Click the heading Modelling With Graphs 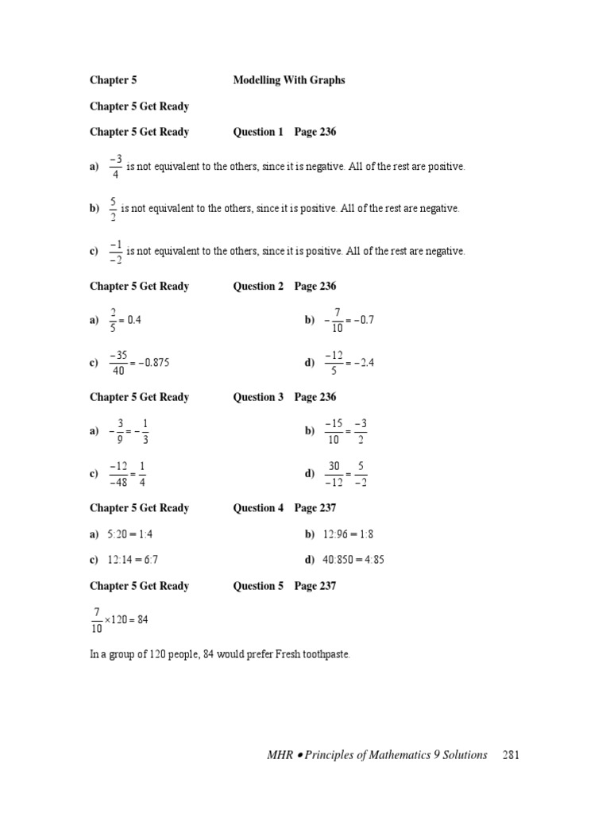point(289,80)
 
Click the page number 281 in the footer point(510,755)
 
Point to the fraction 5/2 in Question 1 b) point(113,209)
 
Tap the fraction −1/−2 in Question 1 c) point(115,251)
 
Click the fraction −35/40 point(119,363)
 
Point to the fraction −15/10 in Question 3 point(333,431)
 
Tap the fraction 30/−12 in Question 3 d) point(334,474)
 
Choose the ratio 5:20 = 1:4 point(130,535)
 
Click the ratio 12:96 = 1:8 point(348,535)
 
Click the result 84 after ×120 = point(143,619)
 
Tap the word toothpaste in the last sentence point(326,655)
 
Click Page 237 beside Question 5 point(315,586)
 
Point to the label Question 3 point(258,397)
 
